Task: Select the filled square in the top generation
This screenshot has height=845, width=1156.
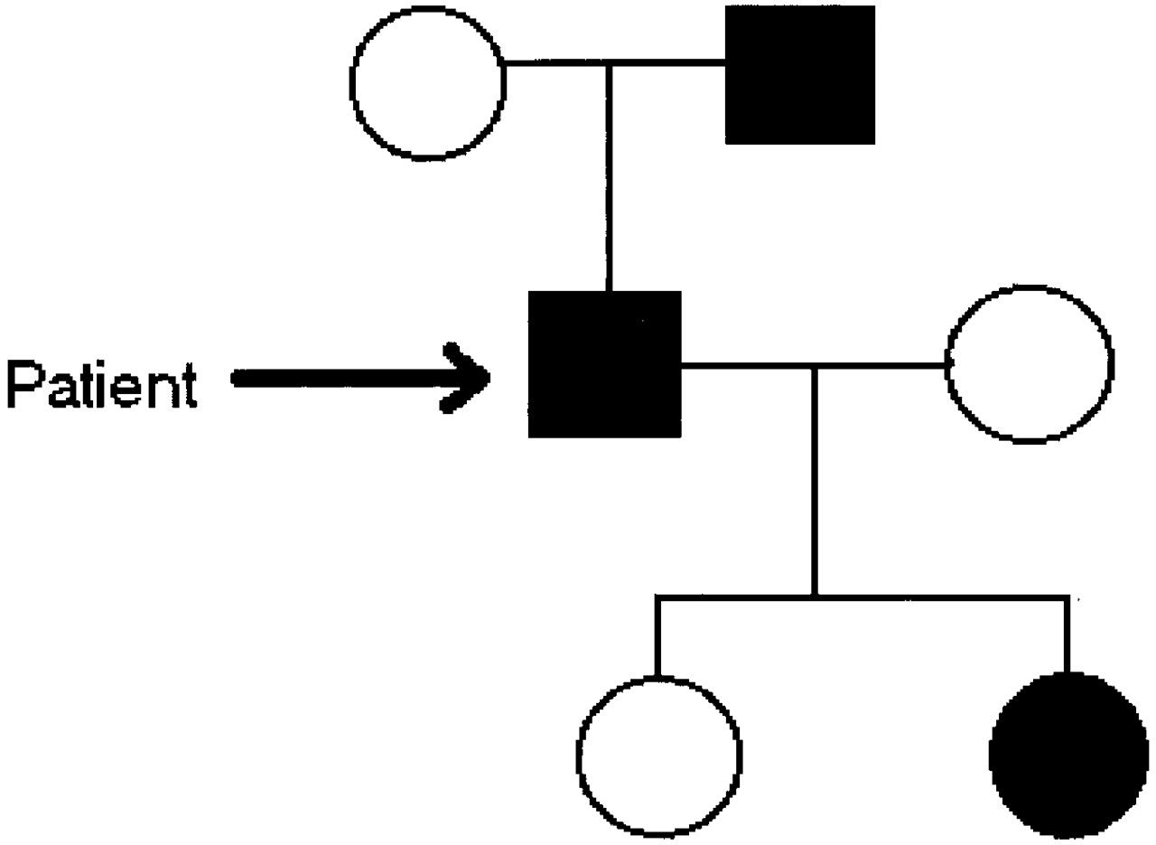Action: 799,74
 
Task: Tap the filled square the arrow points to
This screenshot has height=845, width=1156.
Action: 604,364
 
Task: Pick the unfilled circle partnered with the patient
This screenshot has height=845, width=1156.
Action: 1029,364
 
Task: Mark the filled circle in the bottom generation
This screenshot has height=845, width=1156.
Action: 1068,756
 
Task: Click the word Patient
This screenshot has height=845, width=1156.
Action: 101,386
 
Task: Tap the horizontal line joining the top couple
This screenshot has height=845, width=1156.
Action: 668,62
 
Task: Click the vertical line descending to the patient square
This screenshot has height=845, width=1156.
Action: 610,181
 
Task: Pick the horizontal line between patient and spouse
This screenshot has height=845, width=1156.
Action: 750,365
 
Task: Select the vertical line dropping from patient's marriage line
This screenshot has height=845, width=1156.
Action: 816,479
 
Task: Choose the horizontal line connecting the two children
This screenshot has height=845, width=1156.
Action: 939,596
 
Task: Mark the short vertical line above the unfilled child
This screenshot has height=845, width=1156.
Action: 657,637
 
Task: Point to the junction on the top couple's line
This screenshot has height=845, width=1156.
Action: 610,62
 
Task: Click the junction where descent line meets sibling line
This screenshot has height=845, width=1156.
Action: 816,596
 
